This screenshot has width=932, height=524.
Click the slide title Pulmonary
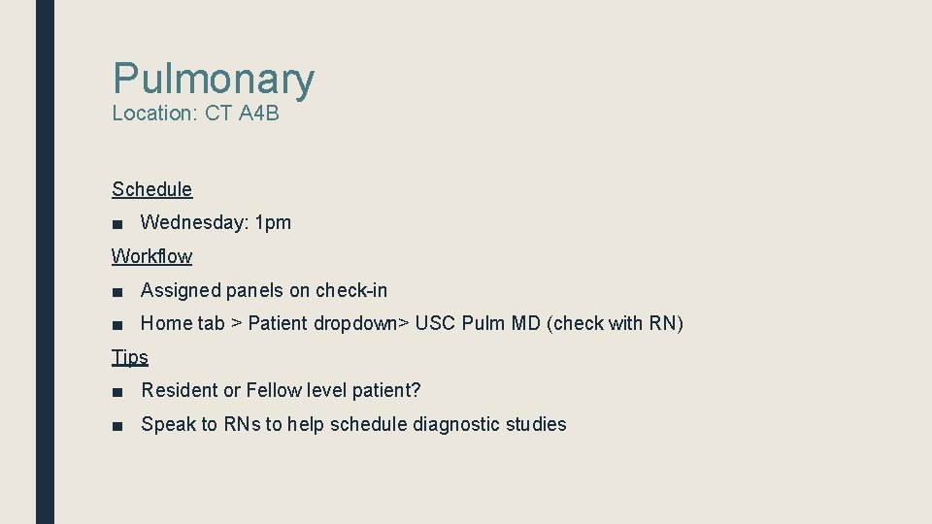coord(214,80)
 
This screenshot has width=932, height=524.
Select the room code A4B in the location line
coord(258,114)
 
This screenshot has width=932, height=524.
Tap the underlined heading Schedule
coord(152,189)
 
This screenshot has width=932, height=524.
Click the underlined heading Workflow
coord(152,256)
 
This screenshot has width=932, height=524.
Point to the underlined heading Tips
coord(130,357)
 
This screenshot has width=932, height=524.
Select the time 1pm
coord(273,222)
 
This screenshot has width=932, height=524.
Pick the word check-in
coord(351,290)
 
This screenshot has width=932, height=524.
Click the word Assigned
coord(180,290)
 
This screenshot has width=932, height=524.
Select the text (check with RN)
coord(616,323)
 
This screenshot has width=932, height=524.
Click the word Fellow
coord(274,390)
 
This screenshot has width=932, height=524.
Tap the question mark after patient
coord(416,390)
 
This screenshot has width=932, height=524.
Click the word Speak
coord(166,424)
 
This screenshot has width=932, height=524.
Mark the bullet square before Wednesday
coord(116,223)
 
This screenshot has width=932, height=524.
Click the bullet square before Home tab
coord(116,324)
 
